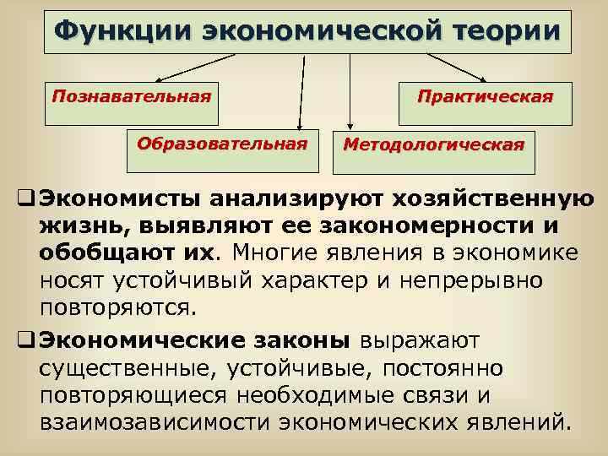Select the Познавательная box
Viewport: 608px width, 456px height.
131,102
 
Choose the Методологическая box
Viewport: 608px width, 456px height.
432,145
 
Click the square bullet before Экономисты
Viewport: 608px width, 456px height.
24,200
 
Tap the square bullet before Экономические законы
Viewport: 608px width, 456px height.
24,340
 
